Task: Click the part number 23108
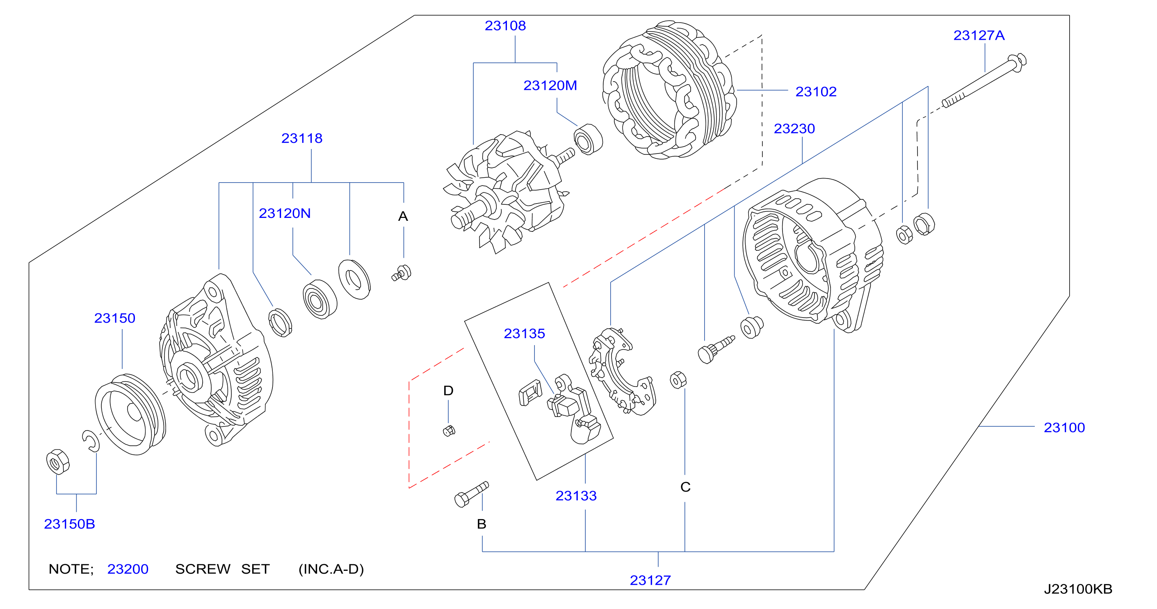pos(505,25)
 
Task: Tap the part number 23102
pos(816,92)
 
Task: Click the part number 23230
pos(794,128)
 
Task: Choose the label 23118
pos(302,138)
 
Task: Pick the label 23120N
pos(284,213)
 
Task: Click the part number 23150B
pos(69,524)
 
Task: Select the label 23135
pos(524,334)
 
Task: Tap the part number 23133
pos(576,496)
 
